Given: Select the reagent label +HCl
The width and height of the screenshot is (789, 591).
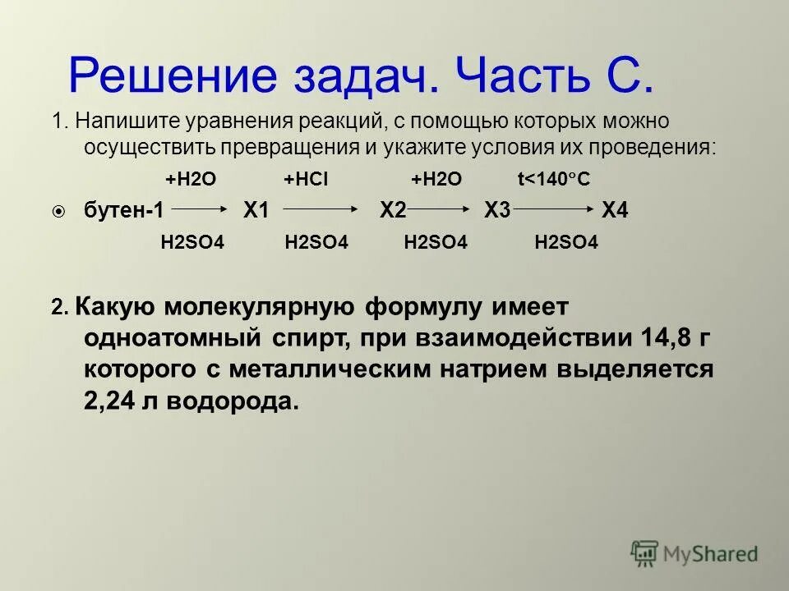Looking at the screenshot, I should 306,180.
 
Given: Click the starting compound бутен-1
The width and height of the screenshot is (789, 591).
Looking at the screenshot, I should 124,210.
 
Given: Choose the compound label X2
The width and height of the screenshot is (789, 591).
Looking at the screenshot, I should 393,210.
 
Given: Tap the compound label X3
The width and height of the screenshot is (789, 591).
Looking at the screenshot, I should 497,210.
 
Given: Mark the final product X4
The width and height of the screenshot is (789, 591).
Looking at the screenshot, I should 615,210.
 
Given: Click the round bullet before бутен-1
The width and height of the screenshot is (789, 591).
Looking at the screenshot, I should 58,212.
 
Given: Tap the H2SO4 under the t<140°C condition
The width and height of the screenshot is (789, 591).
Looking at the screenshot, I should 566,241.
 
